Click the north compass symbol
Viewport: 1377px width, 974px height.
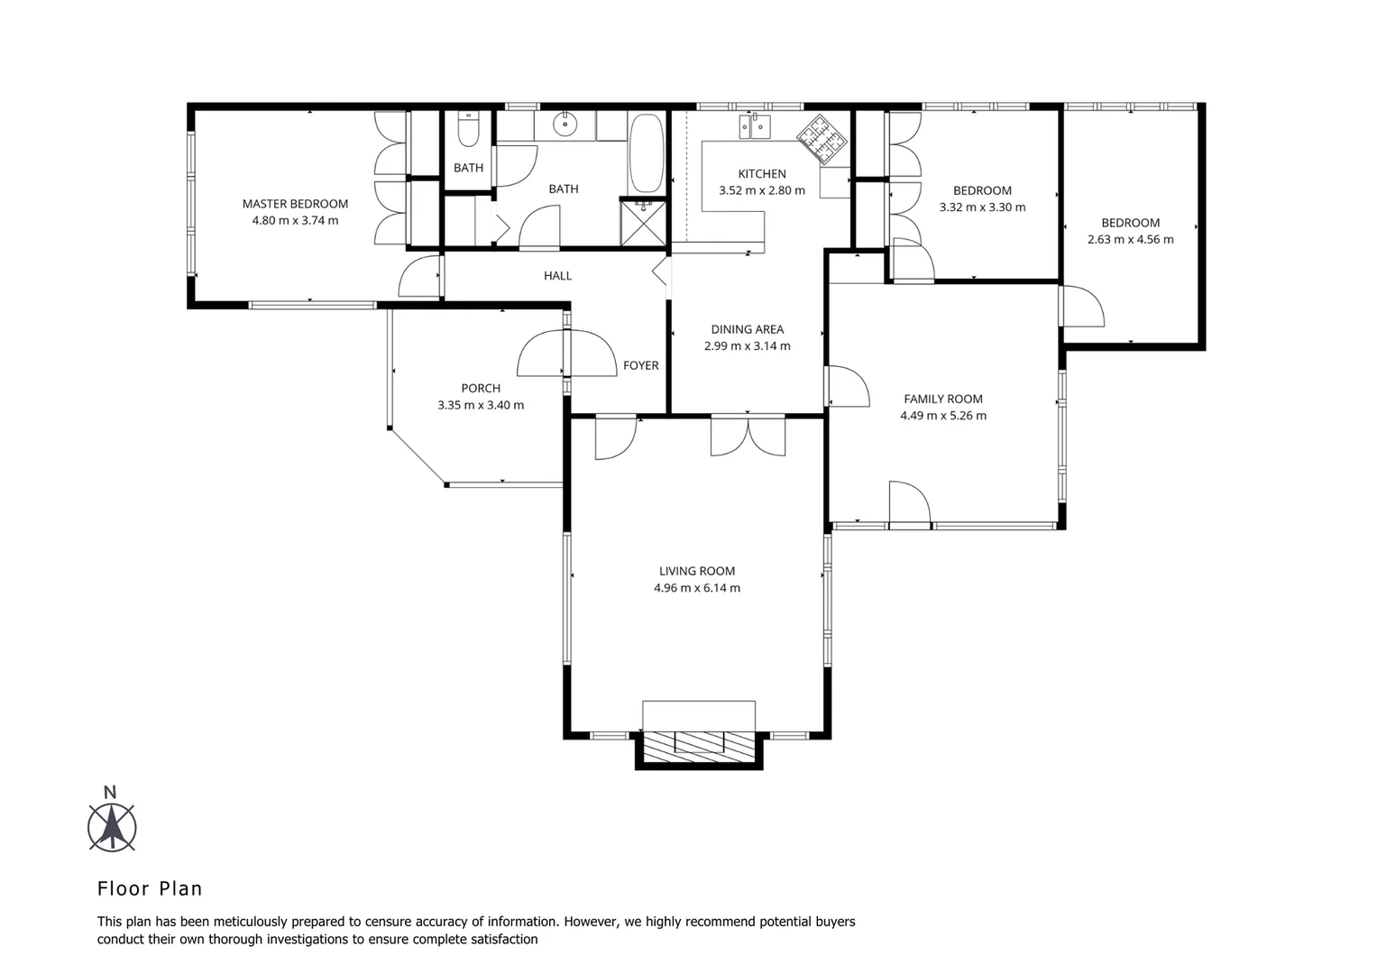pos(112,824)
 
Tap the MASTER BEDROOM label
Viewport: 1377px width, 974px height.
pos(295,204)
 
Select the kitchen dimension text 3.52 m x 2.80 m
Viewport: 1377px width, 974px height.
pos(761,190)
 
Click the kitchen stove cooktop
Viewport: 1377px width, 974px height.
pos(822,137)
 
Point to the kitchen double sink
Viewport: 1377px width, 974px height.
pos(755,127)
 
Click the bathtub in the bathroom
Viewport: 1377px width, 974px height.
pos(645,152)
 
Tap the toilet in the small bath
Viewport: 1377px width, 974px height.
pos(468,132)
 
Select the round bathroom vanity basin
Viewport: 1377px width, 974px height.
pos(565,126)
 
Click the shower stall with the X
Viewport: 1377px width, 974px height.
pos(644,222)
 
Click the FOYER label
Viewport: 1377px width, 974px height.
pos(640,365)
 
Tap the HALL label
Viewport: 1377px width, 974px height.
pos(557,276)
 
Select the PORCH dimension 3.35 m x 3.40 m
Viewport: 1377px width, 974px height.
pos(481,405)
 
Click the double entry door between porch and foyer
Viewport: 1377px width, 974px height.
pos(565,354)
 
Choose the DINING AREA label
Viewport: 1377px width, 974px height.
pos(747,329)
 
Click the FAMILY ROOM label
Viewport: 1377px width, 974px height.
pos(943,399)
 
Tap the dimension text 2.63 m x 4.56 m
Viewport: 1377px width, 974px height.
pos(1130,239)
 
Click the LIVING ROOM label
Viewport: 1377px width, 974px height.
pos(696,571)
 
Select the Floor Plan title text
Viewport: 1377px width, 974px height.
pos(150,888)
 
